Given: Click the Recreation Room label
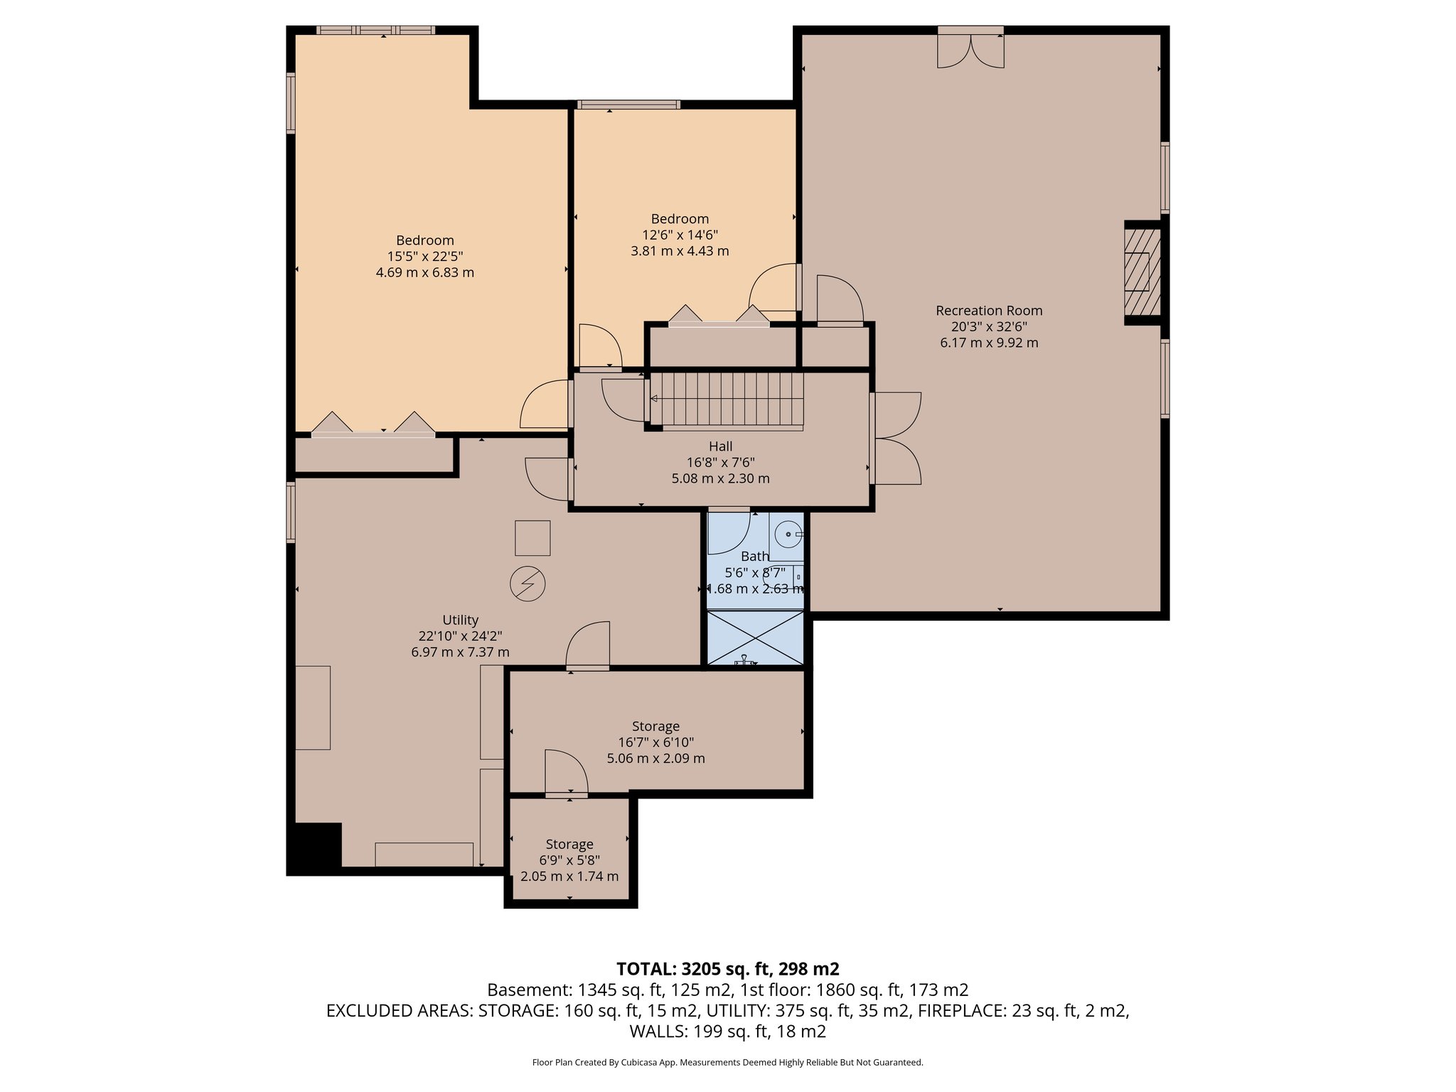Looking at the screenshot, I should [x=989, y=311].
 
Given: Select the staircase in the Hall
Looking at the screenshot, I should [x=727, y=400].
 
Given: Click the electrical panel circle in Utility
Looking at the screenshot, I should [x=528, y=584].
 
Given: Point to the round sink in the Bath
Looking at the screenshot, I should [x=788, y=533].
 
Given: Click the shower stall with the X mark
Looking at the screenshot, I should [x=755, y=638].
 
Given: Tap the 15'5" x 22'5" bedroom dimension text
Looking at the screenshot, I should [x=424, y=257].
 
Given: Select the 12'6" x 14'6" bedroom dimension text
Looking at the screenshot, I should [x=680, y=235].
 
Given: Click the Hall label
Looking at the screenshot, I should [x=720, y=446].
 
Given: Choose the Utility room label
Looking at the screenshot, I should [x=460, y=620].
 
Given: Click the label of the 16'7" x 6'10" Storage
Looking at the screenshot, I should [x=655, y=727].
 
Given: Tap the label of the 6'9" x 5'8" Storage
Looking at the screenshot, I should [x=569, y=845].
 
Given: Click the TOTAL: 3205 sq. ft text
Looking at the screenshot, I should [x=727, y=969].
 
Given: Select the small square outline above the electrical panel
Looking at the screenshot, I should [x=532, y=537].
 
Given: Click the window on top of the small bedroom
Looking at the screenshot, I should [x=628, y=105].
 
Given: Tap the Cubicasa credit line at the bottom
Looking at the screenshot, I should [x=727, y=1063].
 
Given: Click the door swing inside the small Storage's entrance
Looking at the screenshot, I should [x=565, y=772].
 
